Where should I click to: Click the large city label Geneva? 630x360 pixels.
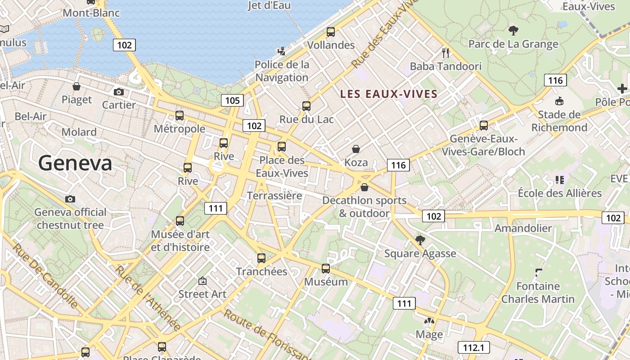[75, 163]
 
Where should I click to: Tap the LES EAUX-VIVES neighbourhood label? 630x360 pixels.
[389, 94]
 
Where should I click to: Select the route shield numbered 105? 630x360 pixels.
[232, 100]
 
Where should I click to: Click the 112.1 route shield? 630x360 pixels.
[473, 347]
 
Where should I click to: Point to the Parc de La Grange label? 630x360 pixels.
[513, 44]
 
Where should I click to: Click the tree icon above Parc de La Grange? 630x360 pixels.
[513, 31]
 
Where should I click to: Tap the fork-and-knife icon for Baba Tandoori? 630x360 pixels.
[445, 53]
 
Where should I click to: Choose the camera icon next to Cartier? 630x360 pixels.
[119, 92]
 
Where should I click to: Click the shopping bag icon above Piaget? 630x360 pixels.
[76, 86]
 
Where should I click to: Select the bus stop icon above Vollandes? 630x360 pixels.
[331, 32]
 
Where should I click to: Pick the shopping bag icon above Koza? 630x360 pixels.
[356, 149]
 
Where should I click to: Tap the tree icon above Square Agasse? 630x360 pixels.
[420, 240]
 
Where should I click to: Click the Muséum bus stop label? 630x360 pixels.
[326, 282]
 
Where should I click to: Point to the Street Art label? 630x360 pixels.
[202, 294]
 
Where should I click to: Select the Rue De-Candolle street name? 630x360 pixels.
[45, 276]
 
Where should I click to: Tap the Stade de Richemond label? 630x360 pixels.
[559, 121]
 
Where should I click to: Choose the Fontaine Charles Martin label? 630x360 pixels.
[538, 292]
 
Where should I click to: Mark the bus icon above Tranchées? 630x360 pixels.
[261, 258]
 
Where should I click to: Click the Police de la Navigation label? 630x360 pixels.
[282, 71]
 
